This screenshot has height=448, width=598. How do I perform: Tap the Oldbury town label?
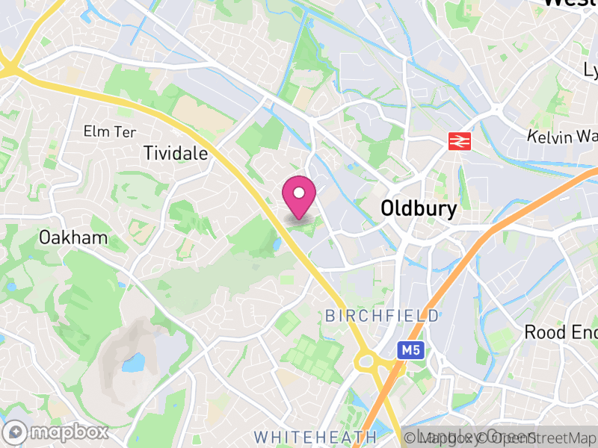pyautogui.click(x=418, y=208)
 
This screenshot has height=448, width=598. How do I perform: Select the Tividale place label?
pyautogui.click(x=176, y=153)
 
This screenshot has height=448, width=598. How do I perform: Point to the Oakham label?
pyautogui.click(x=73, y=238)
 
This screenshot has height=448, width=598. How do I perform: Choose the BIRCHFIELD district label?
pyautogui.click(x=381, y=316)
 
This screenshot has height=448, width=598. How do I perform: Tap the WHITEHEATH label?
pyautogui.click(x=315, y=435)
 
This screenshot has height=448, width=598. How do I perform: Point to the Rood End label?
pyautogui.click(x=561, y=332)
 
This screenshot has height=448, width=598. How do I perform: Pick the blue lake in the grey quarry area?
pyautogui.click(x=133, y=364)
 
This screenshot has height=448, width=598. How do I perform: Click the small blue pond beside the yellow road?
pyautogui.click(x=277, y=245)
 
